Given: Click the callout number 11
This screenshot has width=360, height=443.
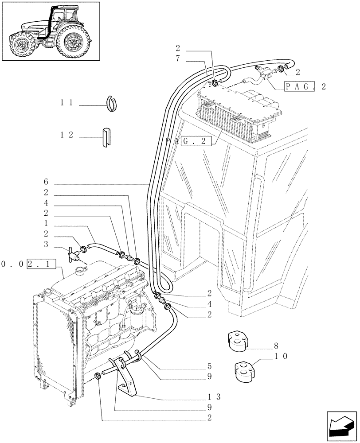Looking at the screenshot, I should click(x=67, y=102).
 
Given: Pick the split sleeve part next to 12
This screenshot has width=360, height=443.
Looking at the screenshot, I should click(x=107, y=137).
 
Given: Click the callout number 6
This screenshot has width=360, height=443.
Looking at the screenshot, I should click(x=46, y=182).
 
